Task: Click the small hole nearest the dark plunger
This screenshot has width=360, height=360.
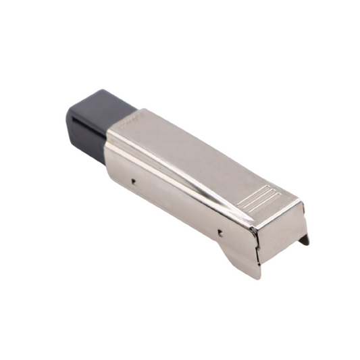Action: coord(134,181)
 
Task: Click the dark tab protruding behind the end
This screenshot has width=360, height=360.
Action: coord(305,238)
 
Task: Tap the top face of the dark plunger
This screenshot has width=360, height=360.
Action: coord(101,101)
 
